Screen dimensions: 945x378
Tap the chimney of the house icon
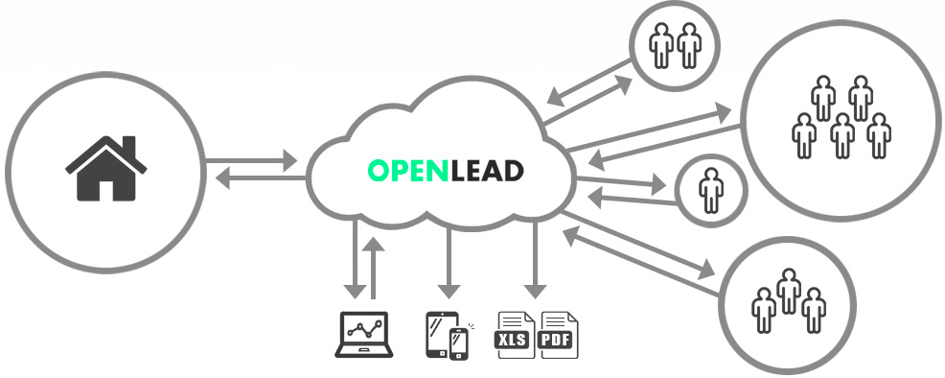pyautogui.click(x=128, y=146)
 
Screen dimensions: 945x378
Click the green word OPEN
pyautogui.click(x=408, y=171)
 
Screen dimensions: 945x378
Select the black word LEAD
pyautogui.click(x=487, y=171)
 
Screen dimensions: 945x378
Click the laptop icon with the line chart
pyautogui.click(x=364, y=335)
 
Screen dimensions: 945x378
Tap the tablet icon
pyautogui.click(x=440, y=334)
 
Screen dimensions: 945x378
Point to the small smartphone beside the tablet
pyautogui.click(x=459, y=343)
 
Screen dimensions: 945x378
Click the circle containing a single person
pyautogui.click(x=711, y=191)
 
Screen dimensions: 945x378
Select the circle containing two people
pyautogui.click(x=675, y=46)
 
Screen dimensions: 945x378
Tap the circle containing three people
pyautogui.click(x=787, y=306)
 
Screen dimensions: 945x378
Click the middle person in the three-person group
pyautogui.click(x=789, y=292)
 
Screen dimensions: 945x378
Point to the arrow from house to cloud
pyautogui.click(x=252, y=161)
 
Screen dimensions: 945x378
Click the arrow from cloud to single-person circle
pyautogui.click(x=622, y=181)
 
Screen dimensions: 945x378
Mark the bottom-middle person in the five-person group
pyautogui.click(x=841, y=135)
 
